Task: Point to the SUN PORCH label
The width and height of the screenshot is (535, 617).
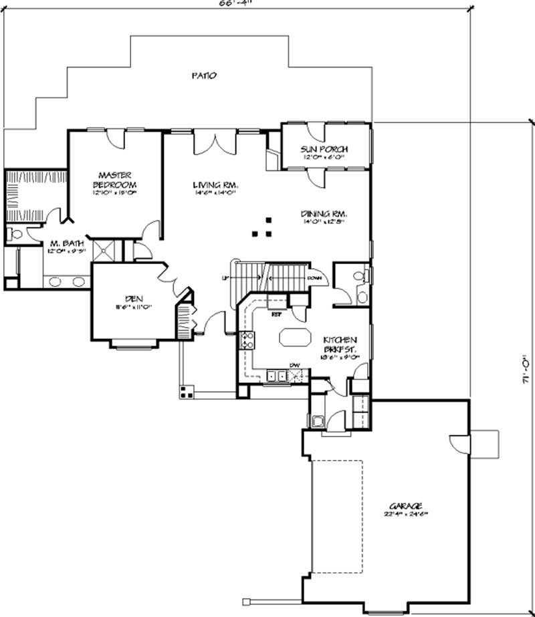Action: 325,149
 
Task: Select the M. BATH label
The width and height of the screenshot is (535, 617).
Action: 64,245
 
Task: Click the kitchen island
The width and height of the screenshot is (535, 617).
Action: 294,336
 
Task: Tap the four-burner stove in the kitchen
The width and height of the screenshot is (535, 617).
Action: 246,341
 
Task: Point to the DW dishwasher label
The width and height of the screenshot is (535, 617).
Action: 294,365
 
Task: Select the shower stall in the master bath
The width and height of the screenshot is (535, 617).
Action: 108,251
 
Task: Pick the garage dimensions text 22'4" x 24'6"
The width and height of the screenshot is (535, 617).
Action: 409,514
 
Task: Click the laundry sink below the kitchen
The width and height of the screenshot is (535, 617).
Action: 318,420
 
